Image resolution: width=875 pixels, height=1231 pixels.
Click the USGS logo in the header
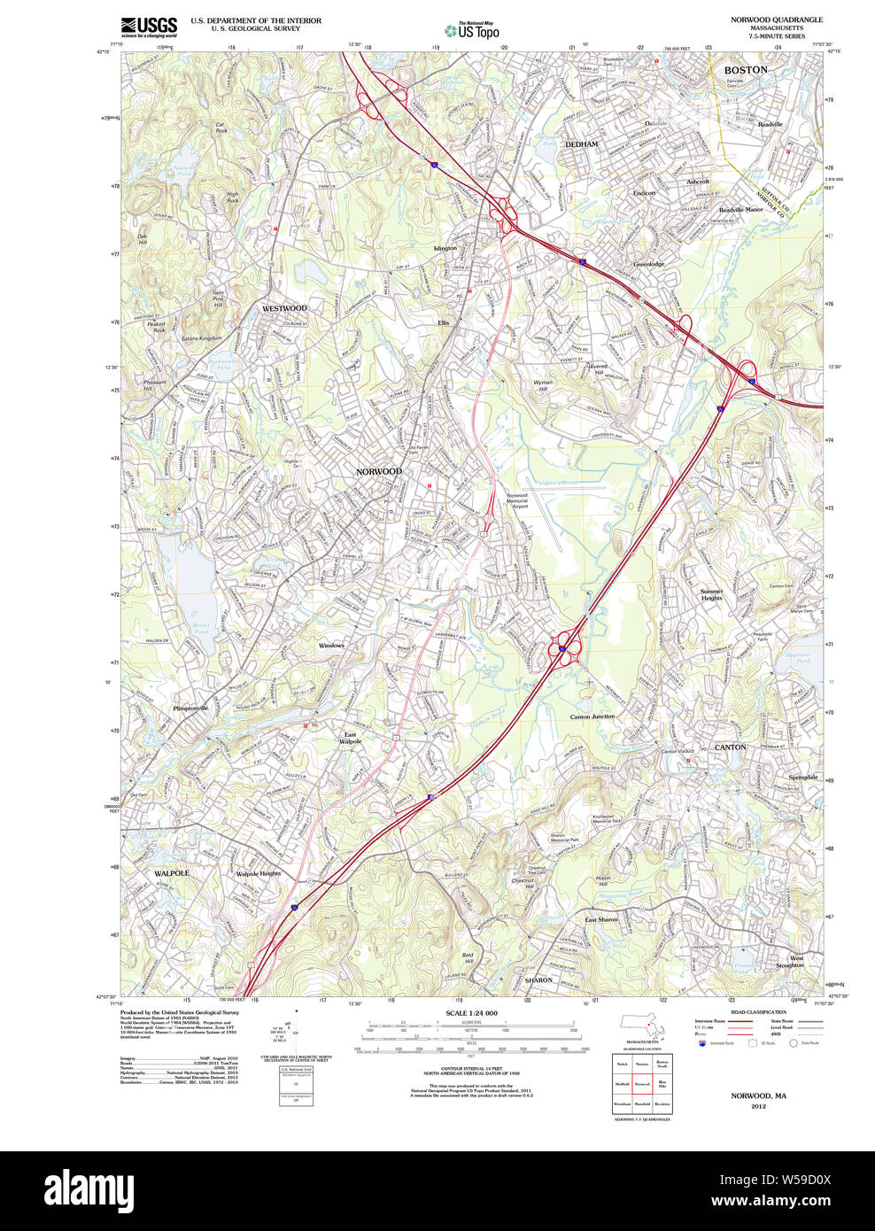pos(149,27)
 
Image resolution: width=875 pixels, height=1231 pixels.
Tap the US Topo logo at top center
pos(472,30)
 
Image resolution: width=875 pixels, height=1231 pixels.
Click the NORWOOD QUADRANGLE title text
pos(776,19)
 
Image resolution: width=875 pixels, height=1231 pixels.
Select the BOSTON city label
pos(746,70)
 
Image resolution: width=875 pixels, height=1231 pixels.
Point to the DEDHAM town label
pos(582,144)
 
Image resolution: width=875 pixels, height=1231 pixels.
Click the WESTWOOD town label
pos(284,308)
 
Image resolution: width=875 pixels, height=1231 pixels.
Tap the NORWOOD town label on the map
pos(379,472)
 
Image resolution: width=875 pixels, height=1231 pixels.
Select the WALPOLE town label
pos(172,873)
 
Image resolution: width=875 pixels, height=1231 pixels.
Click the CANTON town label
pos(731,747)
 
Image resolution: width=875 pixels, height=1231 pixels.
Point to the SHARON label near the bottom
pos(538,980)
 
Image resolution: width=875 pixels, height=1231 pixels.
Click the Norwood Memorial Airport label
pos(517,501)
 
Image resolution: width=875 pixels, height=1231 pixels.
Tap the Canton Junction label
pos(592,716)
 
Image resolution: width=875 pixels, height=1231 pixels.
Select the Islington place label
pos(445,249)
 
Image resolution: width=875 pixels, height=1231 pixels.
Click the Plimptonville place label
pos(190,708)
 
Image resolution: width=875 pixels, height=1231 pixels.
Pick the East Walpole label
pos(351,738)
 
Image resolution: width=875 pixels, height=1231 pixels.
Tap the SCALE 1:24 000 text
pos(471,1013)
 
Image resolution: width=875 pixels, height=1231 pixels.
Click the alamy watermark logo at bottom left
pos(89,1188)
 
